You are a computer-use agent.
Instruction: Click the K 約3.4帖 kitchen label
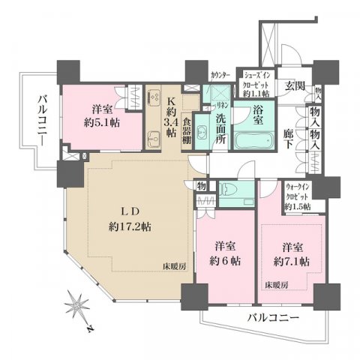[x=172, y=115]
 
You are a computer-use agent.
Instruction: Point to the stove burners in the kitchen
[x=154, y=97]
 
